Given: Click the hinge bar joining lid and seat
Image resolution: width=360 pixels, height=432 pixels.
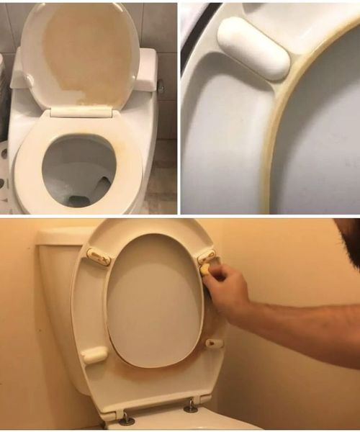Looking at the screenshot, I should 81,112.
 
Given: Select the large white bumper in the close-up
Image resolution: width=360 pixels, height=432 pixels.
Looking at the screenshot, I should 253,47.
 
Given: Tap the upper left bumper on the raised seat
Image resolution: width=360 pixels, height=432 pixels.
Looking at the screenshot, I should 99,257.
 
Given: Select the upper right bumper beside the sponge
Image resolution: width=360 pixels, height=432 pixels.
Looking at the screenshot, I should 207,256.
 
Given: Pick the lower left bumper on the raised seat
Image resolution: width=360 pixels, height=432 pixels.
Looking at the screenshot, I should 94,355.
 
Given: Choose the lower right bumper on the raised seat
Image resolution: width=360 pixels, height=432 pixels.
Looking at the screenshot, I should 214,343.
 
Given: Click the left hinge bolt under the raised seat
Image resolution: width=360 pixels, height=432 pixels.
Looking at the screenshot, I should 126,418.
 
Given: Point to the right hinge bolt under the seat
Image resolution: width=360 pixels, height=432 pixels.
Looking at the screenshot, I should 191,407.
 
